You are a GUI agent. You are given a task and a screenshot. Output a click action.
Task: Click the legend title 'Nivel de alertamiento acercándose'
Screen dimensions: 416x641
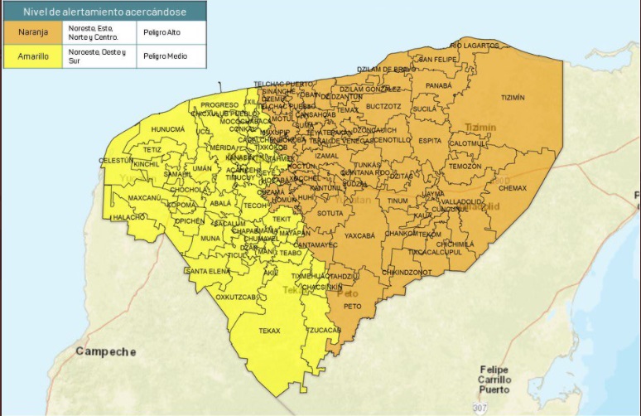pyautogui.click(x=104, y=12)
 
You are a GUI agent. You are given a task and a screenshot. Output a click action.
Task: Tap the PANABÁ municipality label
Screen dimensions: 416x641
pyautogui.click(x=438, y=85)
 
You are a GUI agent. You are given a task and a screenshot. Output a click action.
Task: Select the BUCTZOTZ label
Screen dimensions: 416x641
pyautogui.click(x=383, y=106)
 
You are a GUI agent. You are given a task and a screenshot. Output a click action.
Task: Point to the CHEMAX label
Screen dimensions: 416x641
pyautogui.click(x=512, y=188)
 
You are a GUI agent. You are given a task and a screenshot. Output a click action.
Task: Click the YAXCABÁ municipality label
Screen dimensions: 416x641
pyautogui.click(x=359, y=235)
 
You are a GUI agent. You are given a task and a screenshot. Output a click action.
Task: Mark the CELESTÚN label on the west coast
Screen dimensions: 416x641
pyautogui.click(x=115, y=160)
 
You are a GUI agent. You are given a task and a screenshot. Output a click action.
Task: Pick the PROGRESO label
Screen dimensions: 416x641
pyautogui.click(x=219, y=105)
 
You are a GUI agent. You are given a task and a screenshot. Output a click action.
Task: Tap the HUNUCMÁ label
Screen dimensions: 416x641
pyautogui.click(x=167, y=129)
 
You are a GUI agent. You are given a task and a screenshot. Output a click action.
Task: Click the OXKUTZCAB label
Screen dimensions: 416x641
pyautogui.click(x=239, y=296)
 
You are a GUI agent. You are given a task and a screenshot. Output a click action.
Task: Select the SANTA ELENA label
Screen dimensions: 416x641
pyautogui.click(x=207, y=271)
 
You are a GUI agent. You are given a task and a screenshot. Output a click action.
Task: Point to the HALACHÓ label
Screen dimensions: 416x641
pyautogui.click(x=129, y=217)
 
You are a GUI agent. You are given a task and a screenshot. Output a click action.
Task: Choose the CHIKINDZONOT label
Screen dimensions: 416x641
pyautogui.click(x=407, y=271)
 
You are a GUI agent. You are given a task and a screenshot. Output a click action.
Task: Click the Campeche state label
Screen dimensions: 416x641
pyautogui.click(x=106, y=351)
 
